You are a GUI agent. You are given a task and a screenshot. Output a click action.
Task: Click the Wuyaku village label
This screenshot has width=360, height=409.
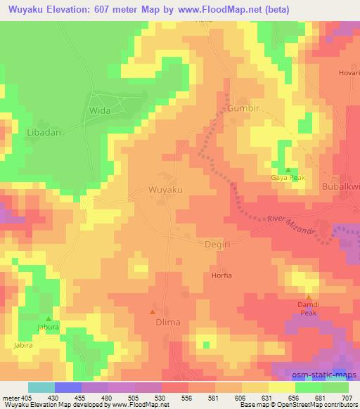pyautogui.click(x=167, y=190)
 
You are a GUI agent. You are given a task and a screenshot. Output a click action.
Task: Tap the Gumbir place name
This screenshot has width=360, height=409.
pyautogui.click(x=244, y=108)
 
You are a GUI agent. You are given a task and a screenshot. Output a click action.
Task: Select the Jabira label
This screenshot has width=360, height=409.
pyautogui.click(x=23, y=346)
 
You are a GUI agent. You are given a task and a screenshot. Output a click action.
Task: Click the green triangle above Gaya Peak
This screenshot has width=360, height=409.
pyautogui.click(x=288, y=171)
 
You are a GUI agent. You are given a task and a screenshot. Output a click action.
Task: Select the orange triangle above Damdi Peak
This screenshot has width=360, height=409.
pyautogui.click(x=308, y=298)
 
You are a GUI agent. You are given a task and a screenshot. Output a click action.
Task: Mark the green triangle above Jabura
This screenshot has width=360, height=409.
pyautogui.click(x=49, y=318)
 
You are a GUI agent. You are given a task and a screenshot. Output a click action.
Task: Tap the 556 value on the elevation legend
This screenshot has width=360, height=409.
pyautogui.click(x=187, y=398)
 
